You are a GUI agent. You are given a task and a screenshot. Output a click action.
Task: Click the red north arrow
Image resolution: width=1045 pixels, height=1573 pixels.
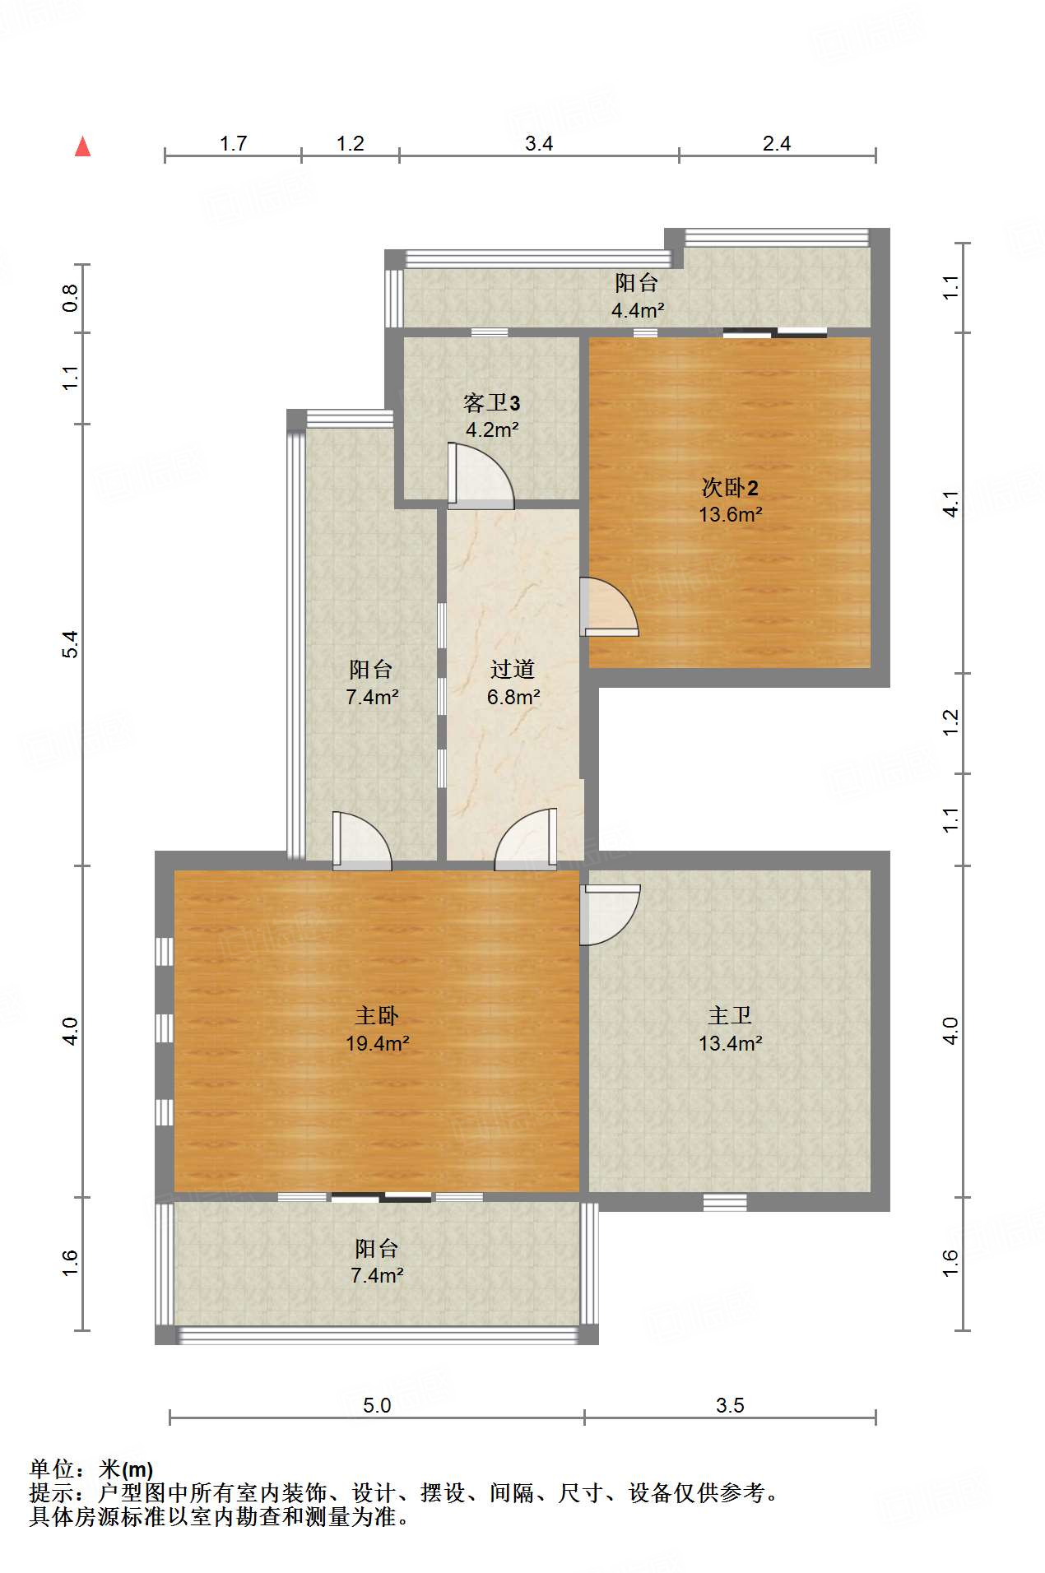pyautogui.click(x=82, y=146)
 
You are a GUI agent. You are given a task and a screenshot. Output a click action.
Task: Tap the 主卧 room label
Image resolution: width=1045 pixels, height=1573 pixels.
pyautogui.click(x=377, y=1016)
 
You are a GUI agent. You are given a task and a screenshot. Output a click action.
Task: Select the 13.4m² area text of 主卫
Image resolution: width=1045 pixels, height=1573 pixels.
pyautogui.click(x=730, y=1043)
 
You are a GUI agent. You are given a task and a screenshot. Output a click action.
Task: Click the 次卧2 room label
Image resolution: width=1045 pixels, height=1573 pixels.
pyautogui.click(x=730, y=487)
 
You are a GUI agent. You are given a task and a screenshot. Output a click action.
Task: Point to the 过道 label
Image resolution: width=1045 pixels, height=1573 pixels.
pyautogui.click(x=513, y=670)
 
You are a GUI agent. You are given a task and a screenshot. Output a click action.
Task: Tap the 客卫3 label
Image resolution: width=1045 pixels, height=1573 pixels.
pyautogui.click(x=492, y=403)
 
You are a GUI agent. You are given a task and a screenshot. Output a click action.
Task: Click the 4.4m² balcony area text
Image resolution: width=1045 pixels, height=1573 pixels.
pyautogui.click(x=638, y=310)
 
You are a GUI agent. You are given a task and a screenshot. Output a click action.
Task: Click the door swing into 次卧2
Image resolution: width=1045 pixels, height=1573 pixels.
pyautogui.click(x=609, y=607)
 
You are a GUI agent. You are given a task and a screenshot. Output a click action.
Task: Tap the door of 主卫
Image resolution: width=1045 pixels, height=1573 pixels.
pyautogui.click(x=610, y=914)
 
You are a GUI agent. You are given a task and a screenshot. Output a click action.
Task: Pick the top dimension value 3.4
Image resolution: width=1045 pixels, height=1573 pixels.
pyautogui.click(x=539, y=144)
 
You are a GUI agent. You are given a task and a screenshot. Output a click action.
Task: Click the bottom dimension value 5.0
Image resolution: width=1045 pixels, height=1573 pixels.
pyautogui.click(x=377, y=1405)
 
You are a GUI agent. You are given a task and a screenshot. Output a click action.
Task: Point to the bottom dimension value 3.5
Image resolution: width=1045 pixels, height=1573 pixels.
pyautogui.click(x=730, y=1405)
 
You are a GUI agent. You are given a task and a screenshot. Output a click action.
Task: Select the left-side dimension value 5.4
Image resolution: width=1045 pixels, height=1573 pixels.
pyautogui.click(x=71, y=643)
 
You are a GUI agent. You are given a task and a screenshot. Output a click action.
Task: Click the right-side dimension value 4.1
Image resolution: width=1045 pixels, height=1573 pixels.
pyautogui.click(x=950, y=503)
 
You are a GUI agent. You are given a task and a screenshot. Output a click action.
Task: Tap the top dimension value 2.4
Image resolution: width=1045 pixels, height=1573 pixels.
pyautogui.click(x=777, y=144)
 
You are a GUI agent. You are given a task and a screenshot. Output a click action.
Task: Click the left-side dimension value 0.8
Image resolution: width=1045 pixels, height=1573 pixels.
pyautogui.click(x=71, y=298)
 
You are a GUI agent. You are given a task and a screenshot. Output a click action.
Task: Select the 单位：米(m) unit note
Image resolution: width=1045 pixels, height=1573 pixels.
pyautogui.click(x=91, y=1469)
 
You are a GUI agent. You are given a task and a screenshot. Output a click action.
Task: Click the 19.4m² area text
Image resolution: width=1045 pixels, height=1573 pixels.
pyautogui.click(x=378, y=1043)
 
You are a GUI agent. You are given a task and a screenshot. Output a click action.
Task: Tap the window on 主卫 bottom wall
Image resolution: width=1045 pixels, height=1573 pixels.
pyautogui.click(x=725, y=1202)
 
